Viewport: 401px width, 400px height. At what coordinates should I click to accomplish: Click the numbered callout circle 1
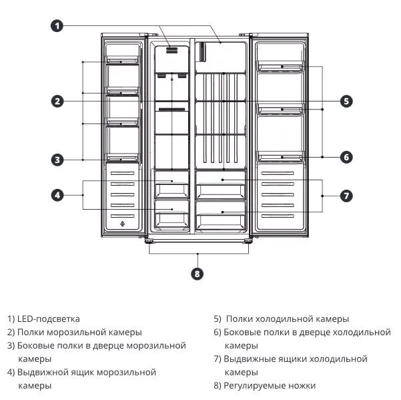[57, 26]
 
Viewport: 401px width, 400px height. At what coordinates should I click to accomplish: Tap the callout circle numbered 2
[57, 101]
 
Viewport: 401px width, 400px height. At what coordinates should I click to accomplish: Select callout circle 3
[57, 160]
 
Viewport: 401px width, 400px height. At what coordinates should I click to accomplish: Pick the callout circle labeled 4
[57, 195]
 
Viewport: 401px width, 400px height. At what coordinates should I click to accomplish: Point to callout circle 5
[346, 101]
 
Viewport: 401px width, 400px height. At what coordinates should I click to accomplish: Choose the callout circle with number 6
[346, 157]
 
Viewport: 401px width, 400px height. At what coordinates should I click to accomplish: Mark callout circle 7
[346, 196]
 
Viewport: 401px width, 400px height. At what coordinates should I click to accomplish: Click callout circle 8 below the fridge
[197, 274]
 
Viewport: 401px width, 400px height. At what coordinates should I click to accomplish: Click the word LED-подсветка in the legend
[48, 319]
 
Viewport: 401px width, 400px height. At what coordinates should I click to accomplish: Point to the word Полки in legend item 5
[240, 319]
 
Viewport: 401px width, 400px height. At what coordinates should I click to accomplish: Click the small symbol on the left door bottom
[123, 224]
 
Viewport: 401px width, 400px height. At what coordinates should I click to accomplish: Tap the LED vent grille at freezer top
[172, 50]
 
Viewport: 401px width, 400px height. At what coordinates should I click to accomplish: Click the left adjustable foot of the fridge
[149, 241]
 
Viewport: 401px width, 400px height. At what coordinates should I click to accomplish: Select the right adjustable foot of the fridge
[248, 241]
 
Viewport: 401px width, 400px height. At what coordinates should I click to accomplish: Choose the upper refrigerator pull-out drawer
[220, 185]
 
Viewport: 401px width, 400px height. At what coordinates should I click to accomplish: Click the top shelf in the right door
[280, 66]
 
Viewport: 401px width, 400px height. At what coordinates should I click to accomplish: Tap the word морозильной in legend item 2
[77, 332]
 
